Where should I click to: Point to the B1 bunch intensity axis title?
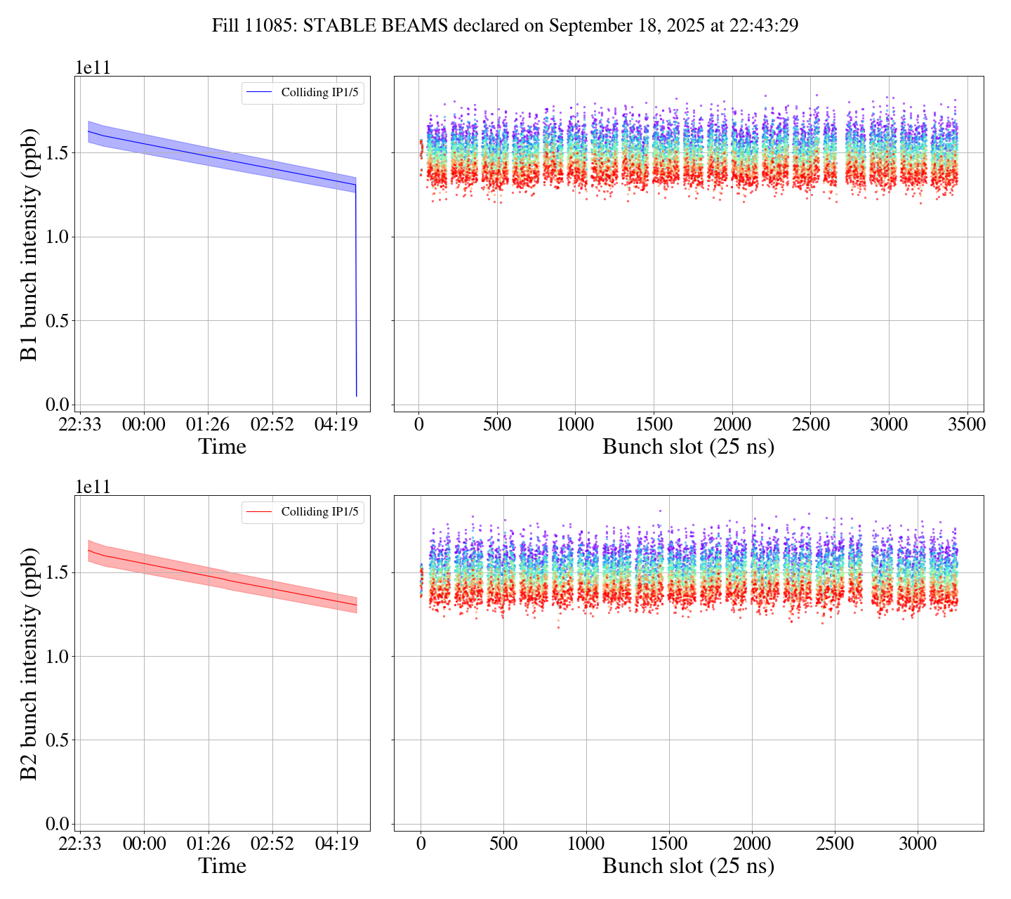[x=29, y=244]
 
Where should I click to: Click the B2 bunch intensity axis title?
[x=29, y=663]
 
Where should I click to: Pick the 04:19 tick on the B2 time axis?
[x=337, y=844]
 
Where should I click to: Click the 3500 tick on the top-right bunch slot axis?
[x=967, y=424]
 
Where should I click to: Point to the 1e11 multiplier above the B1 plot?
[x=93, y=68]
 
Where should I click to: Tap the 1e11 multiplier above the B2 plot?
[x=93, y=487]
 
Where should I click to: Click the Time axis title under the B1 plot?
[x=223, y=447]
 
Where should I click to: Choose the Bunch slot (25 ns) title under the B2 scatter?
[x=688, y=866]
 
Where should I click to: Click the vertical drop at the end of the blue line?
[x=356, y=295]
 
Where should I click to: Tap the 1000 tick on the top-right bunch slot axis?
[x=575, y=424]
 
